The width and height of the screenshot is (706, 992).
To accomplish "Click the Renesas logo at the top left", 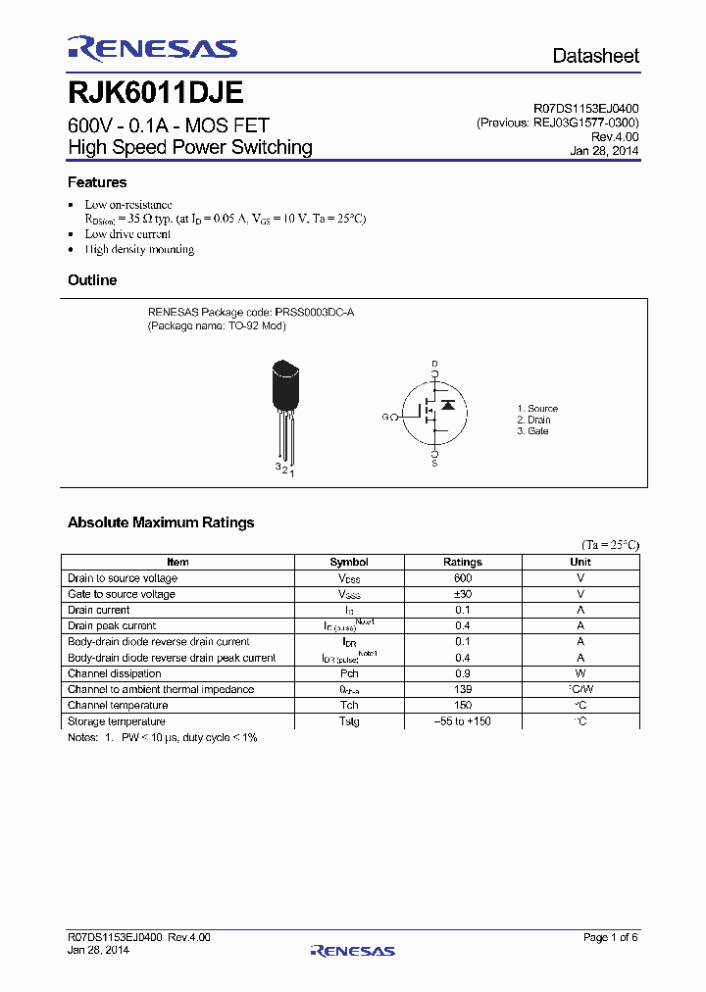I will point(152,49).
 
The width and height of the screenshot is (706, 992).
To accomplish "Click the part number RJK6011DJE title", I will point(156,93).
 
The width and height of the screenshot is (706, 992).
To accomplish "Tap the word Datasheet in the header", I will point(595,56).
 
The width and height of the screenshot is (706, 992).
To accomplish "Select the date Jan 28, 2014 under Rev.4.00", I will point(604,151).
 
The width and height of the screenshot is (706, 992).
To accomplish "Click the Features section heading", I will point(97,182).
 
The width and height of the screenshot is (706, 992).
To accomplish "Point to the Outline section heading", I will point(92,280).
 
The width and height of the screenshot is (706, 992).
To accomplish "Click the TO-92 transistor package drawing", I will point(284,402).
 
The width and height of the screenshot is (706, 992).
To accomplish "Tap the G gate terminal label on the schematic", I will point(386,417).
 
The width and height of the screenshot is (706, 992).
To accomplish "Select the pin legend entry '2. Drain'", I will point(534,420).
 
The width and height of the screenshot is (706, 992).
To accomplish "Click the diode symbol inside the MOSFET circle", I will point(448,404).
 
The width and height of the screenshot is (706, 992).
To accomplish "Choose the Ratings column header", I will point(463,562).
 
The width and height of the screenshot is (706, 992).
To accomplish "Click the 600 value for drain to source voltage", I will point(463,578).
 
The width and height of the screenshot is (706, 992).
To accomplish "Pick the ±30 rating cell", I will point(463,594).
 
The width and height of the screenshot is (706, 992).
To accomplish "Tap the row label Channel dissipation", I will point(115,673).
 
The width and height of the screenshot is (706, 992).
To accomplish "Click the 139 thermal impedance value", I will point(463,689).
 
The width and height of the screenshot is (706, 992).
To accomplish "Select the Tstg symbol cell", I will point(349,721).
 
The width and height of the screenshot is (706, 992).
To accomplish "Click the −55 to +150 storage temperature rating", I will point(463,721).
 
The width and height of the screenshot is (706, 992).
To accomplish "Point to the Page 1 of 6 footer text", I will point(610,938).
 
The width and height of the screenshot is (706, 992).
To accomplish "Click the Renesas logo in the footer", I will point(352,951).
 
